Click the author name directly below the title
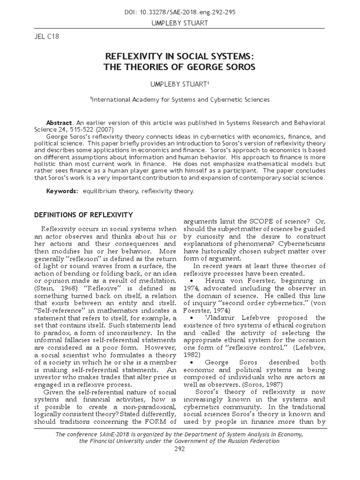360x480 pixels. [x=180, y=83]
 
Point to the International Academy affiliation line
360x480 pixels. [x=180, y=99]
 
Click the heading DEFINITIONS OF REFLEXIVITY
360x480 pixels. [x=84, y=215]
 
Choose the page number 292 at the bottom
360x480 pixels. [x=180, y=449]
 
